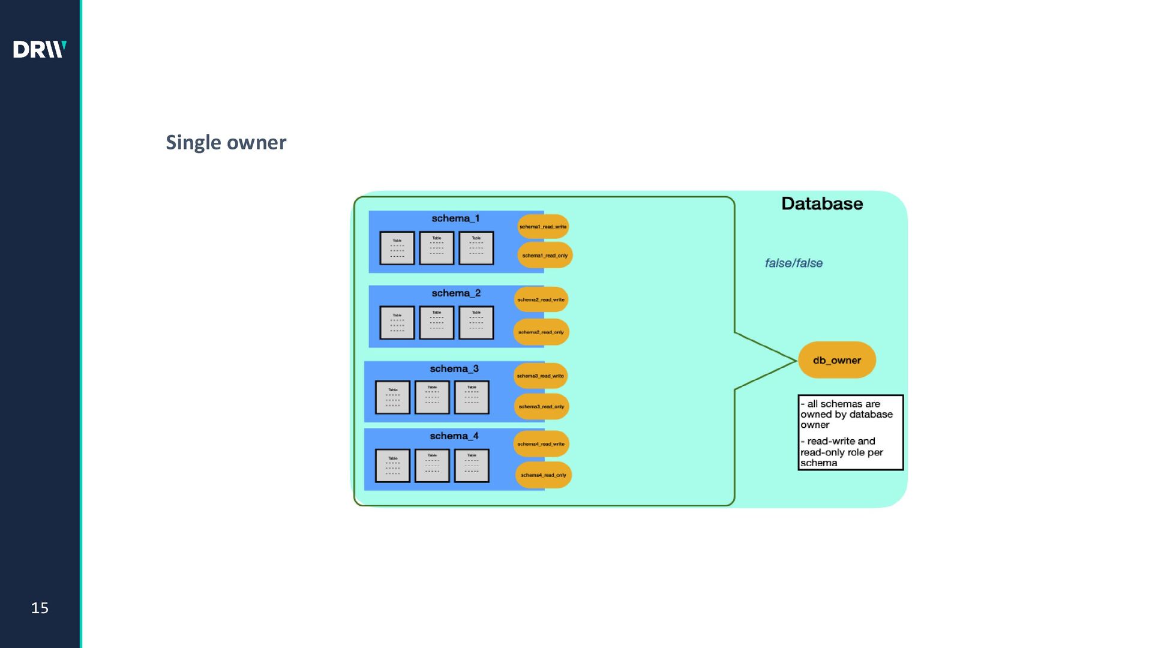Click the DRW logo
40,49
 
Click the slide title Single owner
226,143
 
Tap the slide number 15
40,608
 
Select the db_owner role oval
836,360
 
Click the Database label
821,204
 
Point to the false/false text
793,263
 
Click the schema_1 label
455,218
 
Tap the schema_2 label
456,293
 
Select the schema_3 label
454,368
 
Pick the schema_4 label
454,436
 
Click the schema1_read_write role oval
543,227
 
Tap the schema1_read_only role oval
545,256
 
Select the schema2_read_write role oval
541,299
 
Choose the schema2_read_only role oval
541,332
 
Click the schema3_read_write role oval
540,376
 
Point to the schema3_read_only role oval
541,407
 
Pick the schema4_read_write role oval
541,444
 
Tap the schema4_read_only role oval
543,475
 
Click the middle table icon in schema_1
436,248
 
